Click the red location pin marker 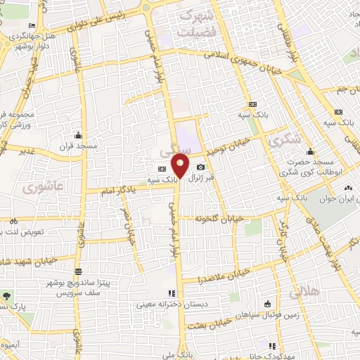181,168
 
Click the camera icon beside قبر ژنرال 201,167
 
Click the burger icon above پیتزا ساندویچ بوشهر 78,271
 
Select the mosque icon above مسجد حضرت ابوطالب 309,150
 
